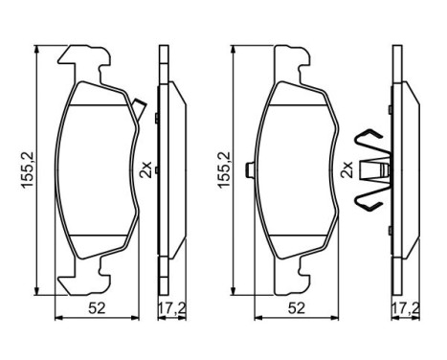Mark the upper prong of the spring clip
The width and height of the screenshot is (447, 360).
[369, 139]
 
